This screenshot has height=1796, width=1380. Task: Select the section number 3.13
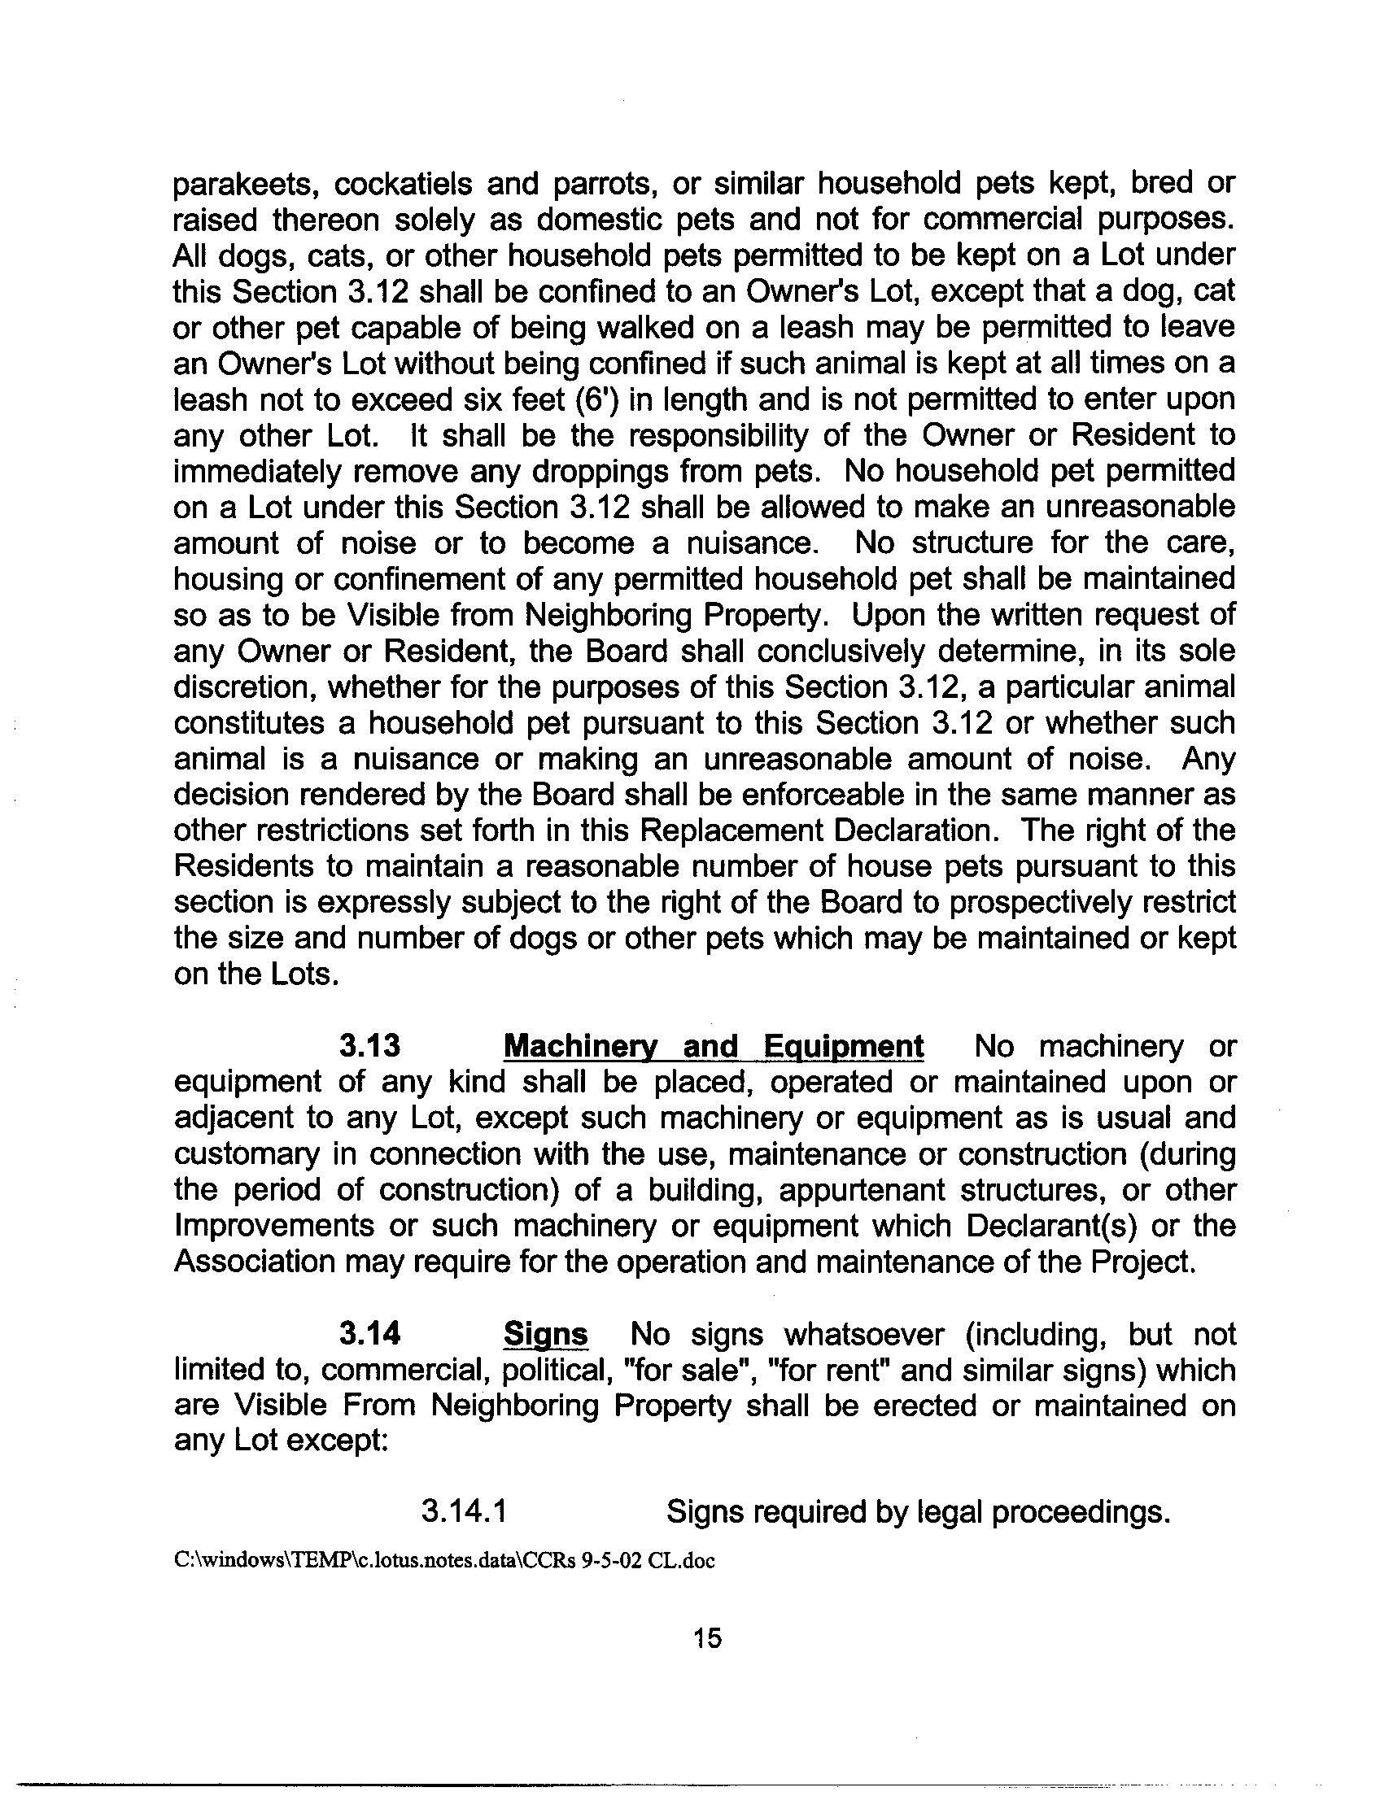[x=369, y=1046]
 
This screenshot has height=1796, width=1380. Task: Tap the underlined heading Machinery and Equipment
[x=713, y=1046]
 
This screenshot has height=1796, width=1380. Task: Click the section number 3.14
[x=369, y=1335]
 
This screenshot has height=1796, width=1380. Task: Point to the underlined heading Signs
[x=545, y=1335]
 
